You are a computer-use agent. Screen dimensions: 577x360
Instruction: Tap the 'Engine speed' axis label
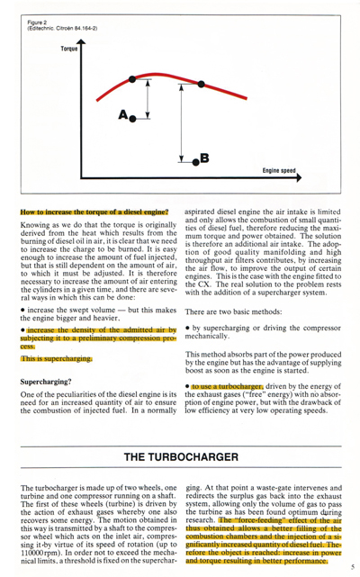tap(280, 169)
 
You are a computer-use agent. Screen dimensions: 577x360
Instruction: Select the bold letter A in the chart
tap(123, 114)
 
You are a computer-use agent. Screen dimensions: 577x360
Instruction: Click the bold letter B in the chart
tap(203, 158)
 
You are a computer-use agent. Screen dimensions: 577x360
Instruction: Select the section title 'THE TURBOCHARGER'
tap(179, 458)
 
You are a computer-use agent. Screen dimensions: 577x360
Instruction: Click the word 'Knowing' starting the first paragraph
tap(33, 228)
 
